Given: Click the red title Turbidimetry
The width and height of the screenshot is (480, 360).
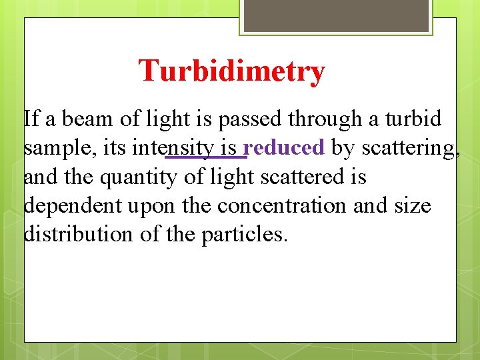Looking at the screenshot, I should pyautogui.click(x=231, y=71).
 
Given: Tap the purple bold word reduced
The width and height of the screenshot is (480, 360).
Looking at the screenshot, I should pyautogui.click(x=284, y=148).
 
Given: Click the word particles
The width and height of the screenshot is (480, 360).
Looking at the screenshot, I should pyautogui.click(x=244, y=235).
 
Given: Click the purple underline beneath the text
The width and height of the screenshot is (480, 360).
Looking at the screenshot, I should pyautogui.click(x=206, y=158).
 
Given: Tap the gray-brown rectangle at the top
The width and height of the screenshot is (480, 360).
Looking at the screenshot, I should pyautogui.click(x=336, y=15).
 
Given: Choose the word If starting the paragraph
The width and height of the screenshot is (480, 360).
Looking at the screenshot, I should pyautogui.click(x=31, y=119).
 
